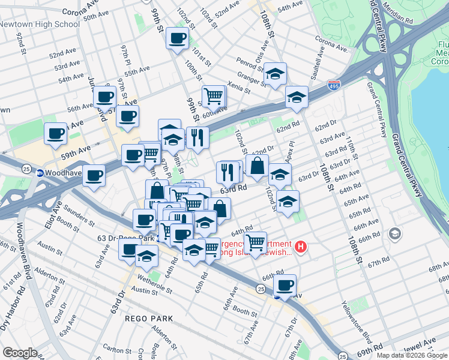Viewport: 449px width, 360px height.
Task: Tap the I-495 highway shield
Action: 335,86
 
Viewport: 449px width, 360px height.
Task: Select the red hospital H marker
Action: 301,247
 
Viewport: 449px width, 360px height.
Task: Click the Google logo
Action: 19,353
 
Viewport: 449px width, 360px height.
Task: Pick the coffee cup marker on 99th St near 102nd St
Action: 177,39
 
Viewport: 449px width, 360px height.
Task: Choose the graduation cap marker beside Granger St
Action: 275,74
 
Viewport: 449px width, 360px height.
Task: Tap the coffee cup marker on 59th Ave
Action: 56,134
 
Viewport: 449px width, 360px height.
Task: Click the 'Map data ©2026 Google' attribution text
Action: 412,355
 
